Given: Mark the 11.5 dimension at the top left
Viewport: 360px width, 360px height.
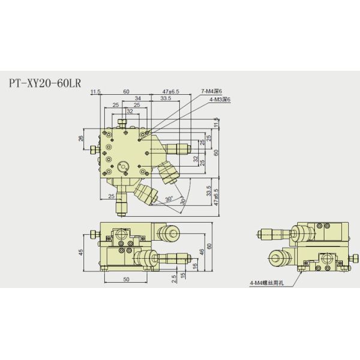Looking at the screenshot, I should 95,91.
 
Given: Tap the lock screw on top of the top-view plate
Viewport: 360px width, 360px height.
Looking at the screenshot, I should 122,124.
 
